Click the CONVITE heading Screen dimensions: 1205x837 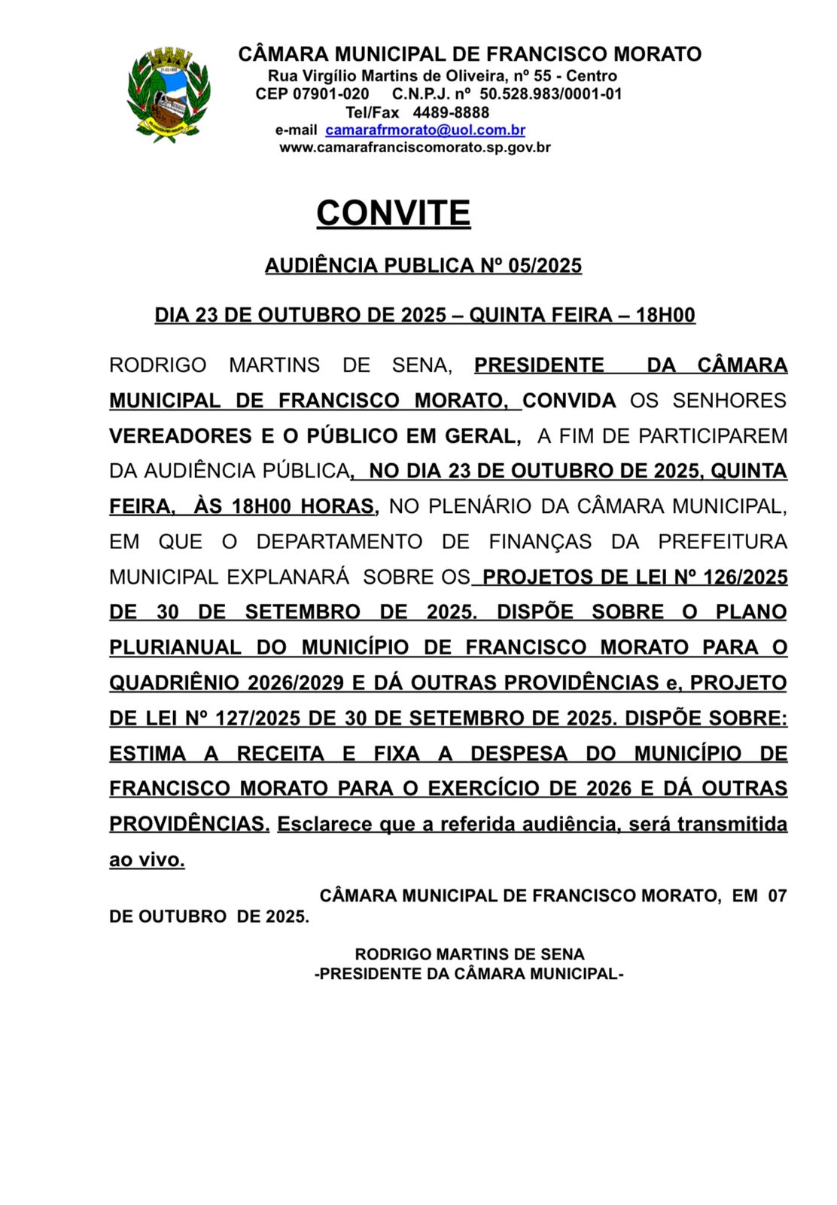393,213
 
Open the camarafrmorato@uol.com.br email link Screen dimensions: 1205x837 425,130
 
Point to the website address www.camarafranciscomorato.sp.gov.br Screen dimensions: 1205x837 415,148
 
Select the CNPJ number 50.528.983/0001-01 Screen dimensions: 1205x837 551,94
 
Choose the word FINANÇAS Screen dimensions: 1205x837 540,542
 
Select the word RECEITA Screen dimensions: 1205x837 281,754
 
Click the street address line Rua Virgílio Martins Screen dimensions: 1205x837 443,76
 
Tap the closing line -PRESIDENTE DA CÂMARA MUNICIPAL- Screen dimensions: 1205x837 469,974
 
